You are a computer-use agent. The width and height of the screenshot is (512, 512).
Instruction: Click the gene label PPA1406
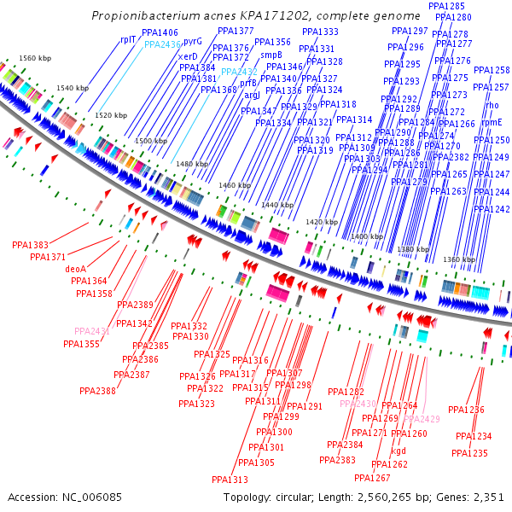click(160, 32)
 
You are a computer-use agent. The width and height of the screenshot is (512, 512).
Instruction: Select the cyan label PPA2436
click(162, 44)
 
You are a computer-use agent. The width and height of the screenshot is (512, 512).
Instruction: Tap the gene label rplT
click(128, 39)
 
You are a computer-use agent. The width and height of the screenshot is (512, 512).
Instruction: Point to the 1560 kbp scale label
click(34, 58)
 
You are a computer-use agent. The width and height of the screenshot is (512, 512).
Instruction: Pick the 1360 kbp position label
click(459, 259)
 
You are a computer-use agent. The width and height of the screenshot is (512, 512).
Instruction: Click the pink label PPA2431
click(92, 331)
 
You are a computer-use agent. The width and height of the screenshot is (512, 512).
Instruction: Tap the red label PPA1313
click(230, 480)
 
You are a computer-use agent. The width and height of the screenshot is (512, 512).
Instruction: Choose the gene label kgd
click(399, 451)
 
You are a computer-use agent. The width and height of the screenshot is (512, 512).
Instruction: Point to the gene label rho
click(492, 105)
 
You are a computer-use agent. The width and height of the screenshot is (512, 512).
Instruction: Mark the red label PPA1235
click(470, 454)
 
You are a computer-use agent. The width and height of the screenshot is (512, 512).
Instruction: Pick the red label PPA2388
click(98, 391)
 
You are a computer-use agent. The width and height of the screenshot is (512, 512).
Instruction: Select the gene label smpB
click(271, 55)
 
